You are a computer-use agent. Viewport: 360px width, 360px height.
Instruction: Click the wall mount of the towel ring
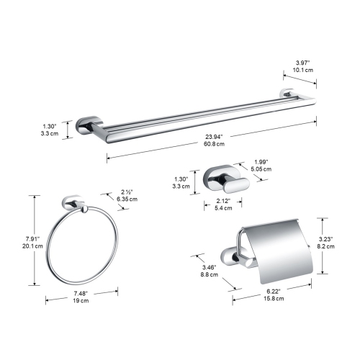point(74,201)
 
